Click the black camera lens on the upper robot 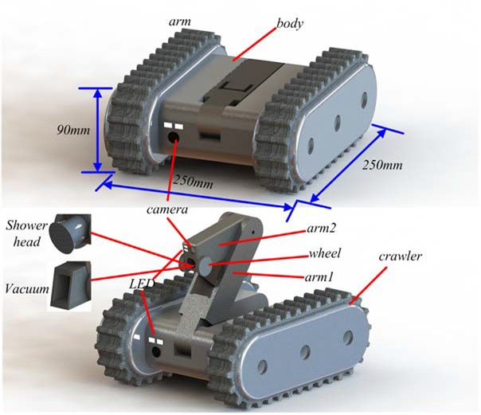point(174,137)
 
